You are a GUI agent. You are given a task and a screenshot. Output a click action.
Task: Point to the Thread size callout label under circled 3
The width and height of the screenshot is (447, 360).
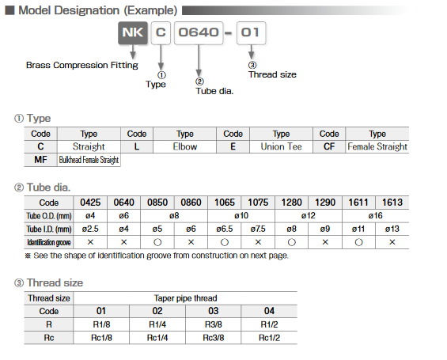272,74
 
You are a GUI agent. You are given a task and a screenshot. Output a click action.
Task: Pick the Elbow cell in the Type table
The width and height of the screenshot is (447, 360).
184,146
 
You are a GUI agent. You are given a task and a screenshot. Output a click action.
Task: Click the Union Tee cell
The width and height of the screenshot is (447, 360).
281,146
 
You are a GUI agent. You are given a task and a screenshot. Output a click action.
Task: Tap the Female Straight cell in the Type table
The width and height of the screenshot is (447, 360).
377,146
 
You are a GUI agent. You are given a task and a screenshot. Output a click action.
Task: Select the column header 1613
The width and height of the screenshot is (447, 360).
392,203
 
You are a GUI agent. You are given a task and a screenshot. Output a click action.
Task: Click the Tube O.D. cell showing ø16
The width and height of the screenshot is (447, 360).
374,215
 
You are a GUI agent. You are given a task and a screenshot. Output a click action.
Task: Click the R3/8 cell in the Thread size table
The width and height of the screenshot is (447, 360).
214,324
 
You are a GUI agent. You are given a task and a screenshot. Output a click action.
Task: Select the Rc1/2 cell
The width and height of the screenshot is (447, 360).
269,337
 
